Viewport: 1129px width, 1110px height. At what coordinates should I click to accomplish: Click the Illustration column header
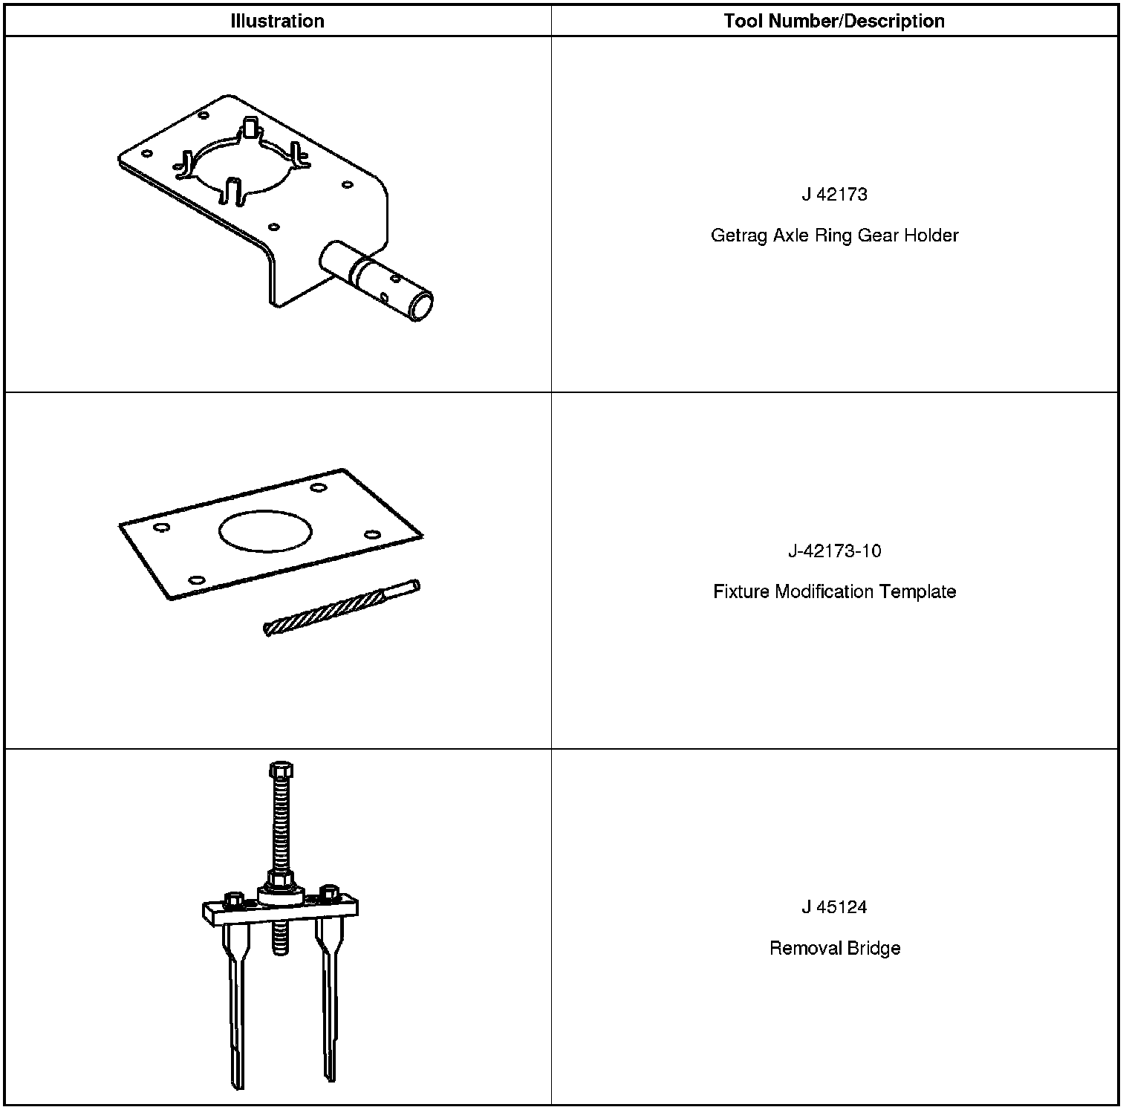(x=277, y=21)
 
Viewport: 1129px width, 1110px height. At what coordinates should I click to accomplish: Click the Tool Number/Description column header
(x=834, y=21)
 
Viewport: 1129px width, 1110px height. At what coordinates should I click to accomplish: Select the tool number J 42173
(x=834, y=195)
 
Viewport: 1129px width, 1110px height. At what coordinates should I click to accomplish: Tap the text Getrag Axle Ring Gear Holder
(x=834, y=236)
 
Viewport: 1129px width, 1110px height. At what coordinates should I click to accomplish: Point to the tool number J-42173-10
(x=834, y=551)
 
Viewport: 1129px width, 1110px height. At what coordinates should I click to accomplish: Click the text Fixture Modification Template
(x=834, y=592)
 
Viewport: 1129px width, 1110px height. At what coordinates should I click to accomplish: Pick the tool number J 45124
(x=834, y=907)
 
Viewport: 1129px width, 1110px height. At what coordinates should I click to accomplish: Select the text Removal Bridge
(x=834, y=949)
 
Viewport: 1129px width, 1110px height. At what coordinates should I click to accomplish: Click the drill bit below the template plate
(x=342, y=607)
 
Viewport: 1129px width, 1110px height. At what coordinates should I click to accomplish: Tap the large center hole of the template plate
(x=265, y=531)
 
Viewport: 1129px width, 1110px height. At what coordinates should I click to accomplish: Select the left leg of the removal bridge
(x=235, y=1003)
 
